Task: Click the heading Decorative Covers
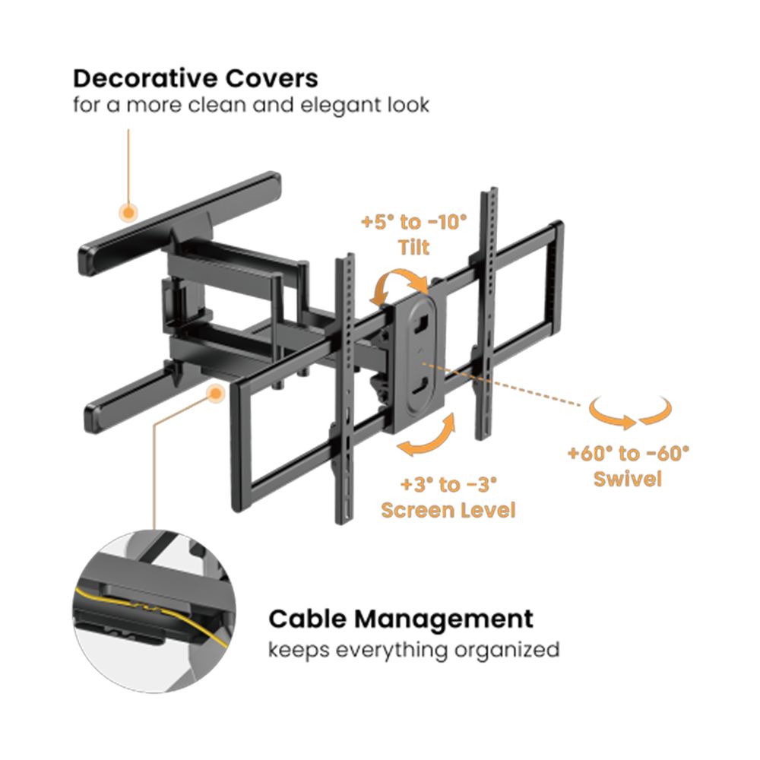point(195,78)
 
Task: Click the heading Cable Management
point(401,619)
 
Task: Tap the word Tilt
point(413,248)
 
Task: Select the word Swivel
point(628,480)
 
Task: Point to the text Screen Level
point(448,509)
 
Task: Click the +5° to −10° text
point(413,223)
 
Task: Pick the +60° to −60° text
point(628,454)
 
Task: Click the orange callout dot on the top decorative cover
point(129,211)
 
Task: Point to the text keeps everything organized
point(413,650)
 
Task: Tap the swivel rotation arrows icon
point(631,414)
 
